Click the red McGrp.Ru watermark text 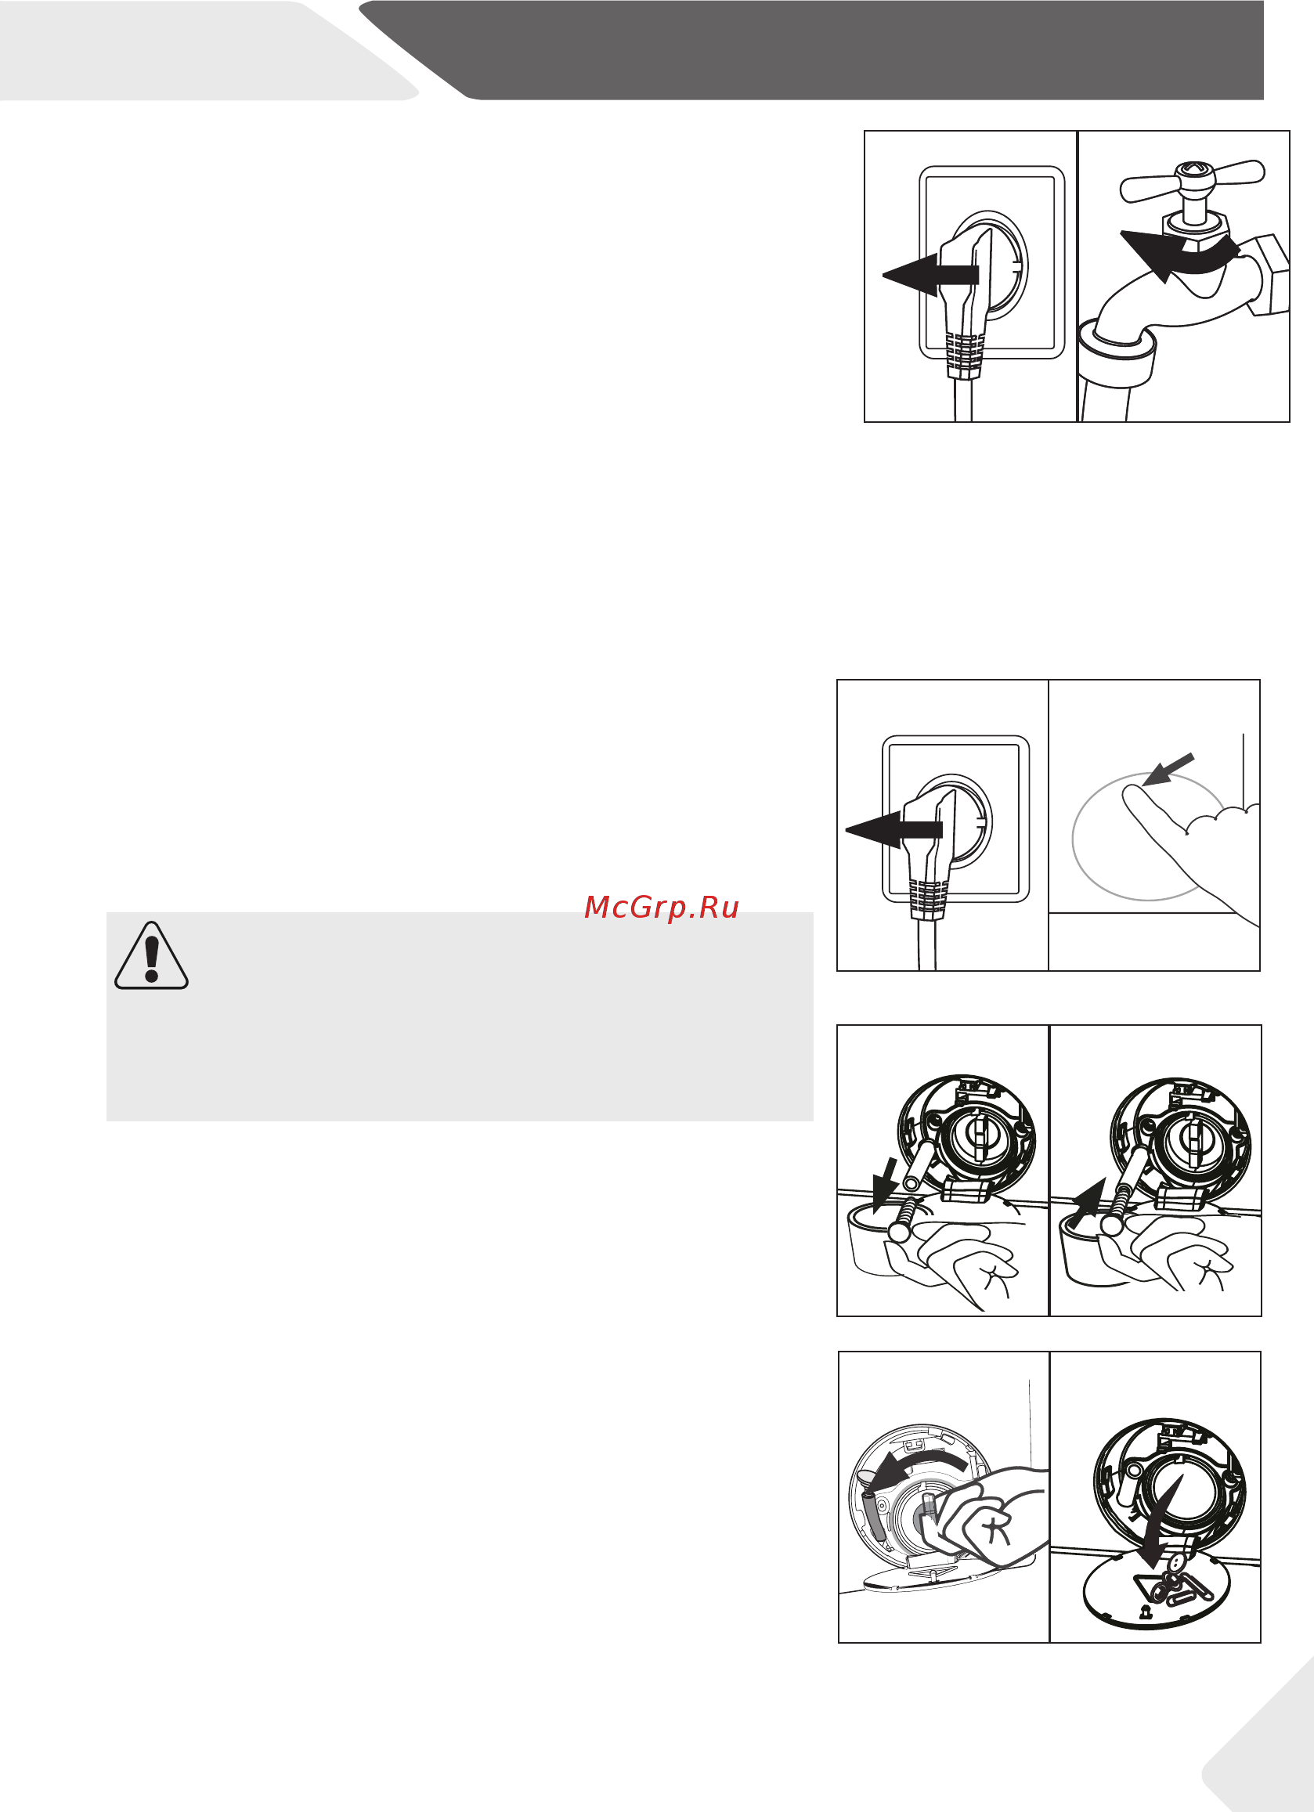point(662,908)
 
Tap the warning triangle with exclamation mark point(152,955)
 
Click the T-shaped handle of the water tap point(1192,182)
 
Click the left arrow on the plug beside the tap point(930,276)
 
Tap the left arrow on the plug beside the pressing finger point(893,830)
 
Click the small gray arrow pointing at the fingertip point(1168,771)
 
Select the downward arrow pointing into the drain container point(884,1186)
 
